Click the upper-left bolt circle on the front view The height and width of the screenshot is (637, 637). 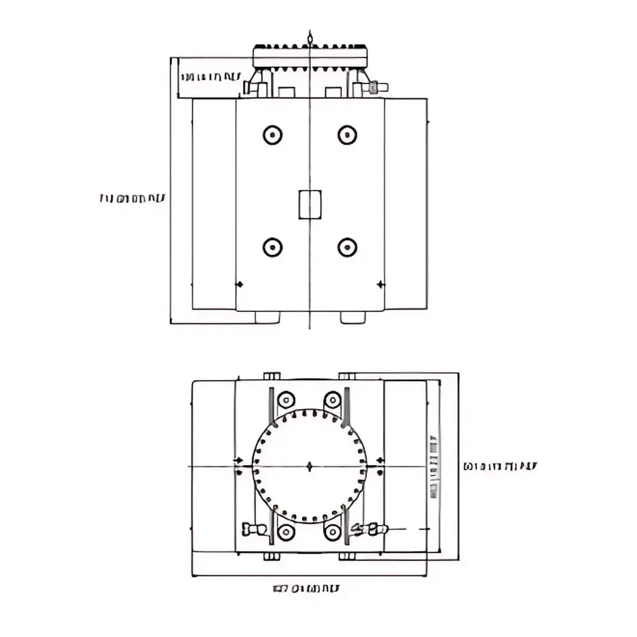[273, 134]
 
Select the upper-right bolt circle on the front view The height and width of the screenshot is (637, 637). [347, 134]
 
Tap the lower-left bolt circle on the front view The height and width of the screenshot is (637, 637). [273, 247]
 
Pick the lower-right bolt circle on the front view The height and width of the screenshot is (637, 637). [347, 247]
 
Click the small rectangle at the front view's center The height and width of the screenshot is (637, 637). [310, 204]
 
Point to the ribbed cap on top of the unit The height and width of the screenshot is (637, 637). [310, 56]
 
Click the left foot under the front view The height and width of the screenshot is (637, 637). [268, 317]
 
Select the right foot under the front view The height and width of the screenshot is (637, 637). [352, 317]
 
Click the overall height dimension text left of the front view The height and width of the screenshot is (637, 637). [132, 199]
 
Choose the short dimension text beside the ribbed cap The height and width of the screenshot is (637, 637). [211, 77]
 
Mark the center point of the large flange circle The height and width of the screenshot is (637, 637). [310, 466]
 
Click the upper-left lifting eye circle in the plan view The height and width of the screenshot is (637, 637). [285, 400]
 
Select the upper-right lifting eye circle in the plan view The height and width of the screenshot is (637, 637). [333, 400]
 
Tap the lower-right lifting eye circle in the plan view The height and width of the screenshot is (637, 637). [333, 532]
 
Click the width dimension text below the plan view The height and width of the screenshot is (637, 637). [306, 589]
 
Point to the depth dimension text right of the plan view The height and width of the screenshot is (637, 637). [499, 466]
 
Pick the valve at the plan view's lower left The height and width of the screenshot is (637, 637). [255, 529]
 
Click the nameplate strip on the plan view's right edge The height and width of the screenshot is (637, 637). [434, 466]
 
